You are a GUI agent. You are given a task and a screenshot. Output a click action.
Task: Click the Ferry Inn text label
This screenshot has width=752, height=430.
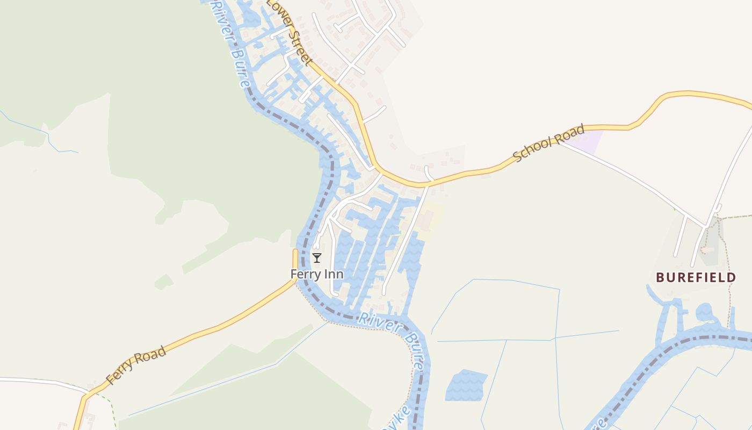pyautogui.click(x=317, y=274)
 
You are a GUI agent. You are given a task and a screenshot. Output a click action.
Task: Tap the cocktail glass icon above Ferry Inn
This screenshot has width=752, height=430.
pyautogui.click(x=317, y=258)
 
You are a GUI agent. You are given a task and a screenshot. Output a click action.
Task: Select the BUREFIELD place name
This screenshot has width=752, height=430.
pyautogui.click(x=696, y=277)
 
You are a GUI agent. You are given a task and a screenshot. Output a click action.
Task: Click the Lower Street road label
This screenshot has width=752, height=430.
pyautogui.click(x=289, y=32)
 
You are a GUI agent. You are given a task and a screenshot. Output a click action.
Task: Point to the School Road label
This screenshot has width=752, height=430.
pyautogui.click(x=548, y=143)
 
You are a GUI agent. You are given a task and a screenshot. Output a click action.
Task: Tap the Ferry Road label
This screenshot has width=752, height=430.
pyautogui.click(x=135, y=365)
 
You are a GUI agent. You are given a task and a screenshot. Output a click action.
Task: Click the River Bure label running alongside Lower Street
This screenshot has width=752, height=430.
pyautogui.click(x=230, y=43)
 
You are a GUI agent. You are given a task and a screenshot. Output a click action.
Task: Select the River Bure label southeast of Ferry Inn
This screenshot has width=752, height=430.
pyautogui.click(x=389, y=333)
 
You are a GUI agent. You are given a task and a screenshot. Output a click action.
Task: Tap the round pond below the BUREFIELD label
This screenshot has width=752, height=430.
pyautogui.click(x=704, y=312)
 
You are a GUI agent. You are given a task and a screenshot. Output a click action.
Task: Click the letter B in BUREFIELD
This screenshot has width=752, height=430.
pyautogui.click(x=660, y=277)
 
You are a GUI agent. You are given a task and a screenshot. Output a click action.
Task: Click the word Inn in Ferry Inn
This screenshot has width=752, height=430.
pyautogui.click(x=333, y=274)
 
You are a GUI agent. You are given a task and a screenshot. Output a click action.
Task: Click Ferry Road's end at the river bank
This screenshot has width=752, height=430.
pyautogui.click(x=295, y=253)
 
